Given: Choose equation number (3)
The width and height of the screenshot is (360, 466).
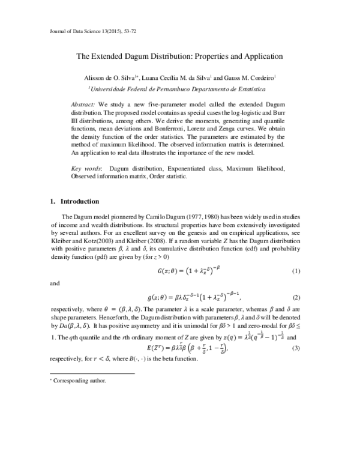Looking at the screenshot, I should pyautogui.click(x=295, y=349).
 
